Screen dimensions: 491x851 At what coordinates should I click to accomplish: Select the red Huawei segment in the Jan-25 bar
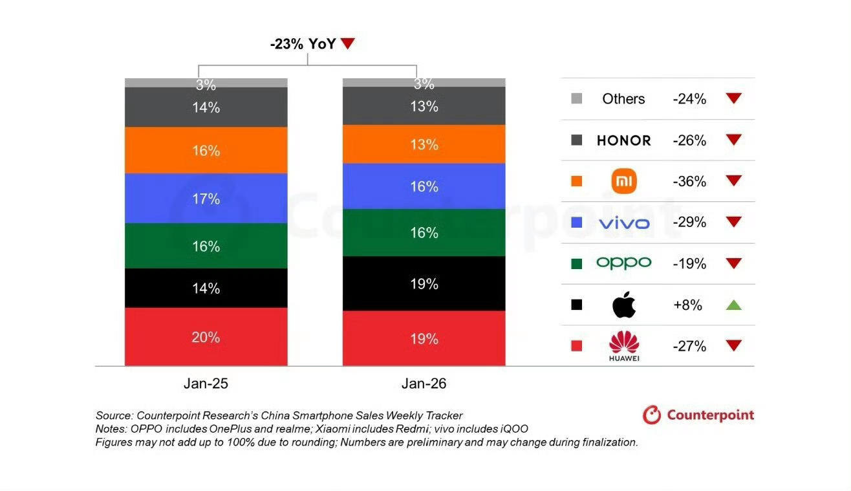click(206, 337)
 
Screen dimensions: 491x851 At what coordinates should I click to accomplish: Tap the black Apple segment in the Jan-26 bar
click(424, 284)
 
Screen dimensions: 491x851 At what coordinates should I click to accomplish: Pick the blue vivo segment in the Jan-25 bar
click(206, 199)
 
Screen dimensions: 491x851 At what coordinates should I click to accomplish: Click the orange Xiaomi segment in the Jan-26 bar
click(424, 144)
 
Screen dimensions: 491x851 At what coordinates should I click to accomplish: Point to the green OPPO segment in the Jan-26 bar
click(424, 233)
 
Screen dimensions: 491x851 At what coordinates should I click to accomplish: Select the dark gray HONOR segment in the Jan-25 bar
click(206, 107)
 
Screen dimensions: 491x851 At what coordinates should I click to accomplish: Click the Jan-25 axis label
click(206, 383)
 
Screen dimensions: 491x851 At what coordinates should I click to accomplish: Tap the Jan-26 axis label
click(424, 383)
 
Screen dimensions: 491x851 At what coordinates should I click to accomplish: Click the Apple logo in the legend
click(623, 305)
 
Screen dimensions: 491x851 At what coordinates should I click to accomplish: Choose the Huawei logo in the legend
click(623, 345)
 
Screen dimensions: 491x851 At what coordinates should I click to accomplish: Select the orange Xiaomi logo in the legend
click(623, 181)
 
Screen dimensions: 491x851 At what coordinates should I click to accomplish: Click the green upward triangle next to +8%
click(733, 305)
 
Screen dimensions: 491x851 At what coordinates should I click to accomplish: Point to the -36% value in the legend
click(689, 181)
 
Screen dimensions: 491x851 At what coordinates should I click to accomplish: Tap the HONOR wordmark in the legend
click(623, 140)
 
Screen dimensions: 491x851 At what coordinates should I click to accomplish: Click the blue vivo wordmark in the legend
click(623, 223)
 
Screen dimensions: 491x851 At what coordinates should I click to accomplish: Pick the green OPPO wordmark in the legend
click(623, 263)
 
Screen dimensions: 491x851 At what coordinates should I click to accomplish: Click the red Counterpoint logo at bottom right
click(698, 415)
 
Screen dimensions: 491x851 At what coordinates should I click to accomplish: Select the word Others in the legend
click(623, 99)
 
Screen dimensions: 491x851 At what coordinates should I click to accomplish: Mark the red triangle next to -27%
click(733, 345)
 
